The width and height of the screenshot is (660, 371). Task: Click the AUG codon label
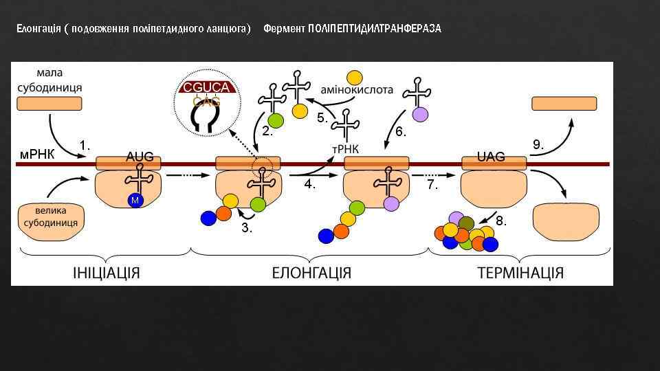[140, 157]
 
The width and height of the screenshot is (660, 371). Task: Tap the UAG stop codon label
[491, 157]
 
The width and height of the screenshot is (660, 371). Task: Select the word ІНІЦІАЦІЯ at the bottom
[107, 273]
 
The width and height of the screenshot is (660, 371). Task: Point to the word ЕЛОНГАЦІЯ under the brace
[311, 273]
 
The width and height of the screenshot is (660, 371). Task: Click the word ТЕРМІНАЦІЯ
[520, 273]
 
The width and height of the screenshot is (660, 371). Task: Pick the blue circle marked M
[134, 200]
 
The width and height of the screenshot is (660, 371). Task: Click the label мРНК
[36, 154]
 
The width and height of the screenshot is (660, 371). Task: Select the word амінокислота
[357, 89]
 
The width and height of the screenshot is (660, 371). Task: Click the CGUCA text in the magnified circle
[207, 88]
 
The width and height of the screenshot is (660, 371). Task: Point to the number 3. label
[247, 229]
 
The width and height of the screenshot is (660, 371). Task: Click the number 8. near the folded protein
[502, 221]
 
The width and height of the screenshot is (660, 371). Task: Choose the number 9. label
[539, 145]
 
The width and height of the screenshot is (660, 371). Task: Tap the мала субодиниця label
[49, 81]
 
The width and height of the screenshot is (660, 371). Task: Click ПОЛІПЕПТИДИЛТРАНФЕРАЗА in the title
[375, 29]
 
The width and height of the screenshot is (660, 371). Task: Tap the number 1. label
[85, 145]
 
